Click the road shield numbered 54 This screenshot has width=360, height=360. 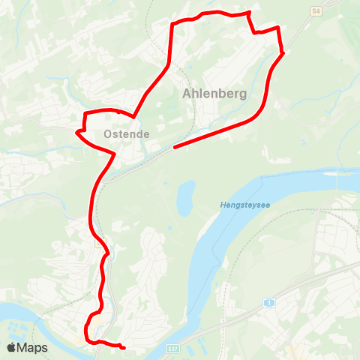point(316,9)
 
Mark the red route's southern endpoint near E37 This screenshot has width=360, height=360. point(121,347)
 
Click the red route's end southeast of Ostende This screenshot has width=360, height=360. point(175,147)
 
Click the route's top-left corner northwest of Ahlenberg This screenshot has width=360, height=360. point(172,25)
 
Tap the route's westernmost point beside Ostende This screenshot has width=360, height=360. point(77,132)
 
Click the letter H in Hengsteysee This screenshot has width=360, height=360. point(223,205)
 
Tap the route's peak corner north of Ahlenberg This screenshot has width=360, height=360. point(248,13)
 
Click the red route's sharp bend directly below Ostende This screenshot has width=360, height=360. point(113,154)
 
